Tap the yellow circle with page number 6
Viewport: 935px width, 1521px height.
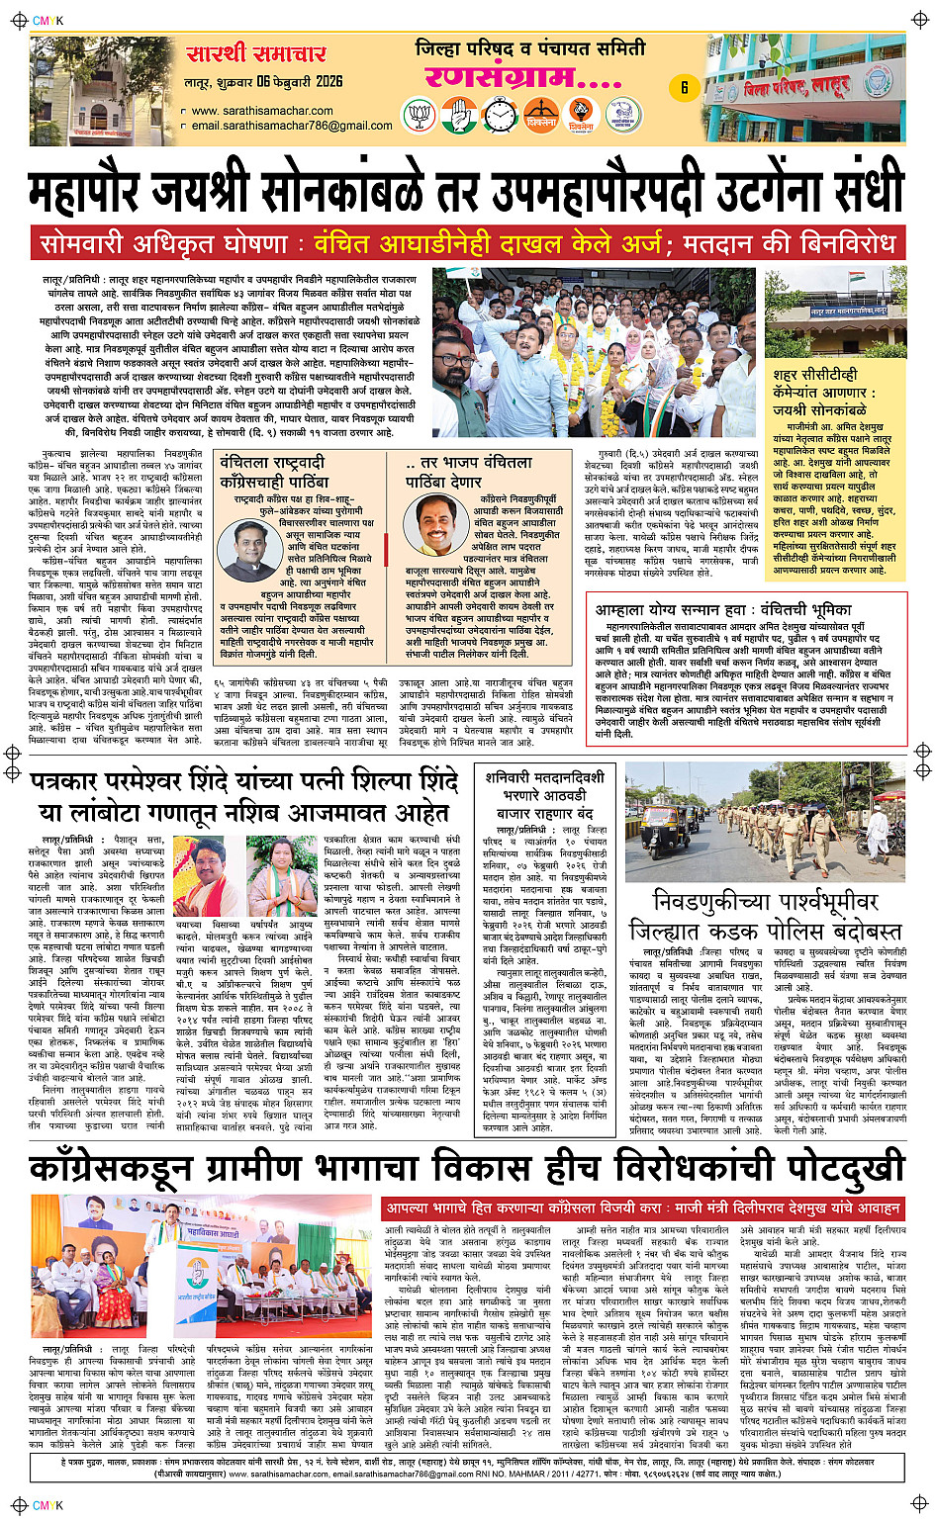(684, 87)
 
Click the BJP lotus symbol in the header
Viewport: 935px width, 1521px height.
(420, 117)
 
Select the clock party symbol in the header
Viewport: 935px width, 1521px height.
(501, 117)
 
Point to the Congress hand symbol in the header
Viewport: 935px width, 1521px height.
(459, 117)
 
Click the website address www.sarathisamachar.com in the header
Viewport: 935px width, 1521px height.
(261, 111)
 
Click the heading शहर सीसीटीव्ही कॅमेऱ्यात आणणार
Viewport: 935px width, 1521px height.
(816, 384)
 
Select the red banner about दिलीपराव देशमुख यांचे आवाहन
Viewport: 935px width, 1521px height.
(643, 1208)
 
